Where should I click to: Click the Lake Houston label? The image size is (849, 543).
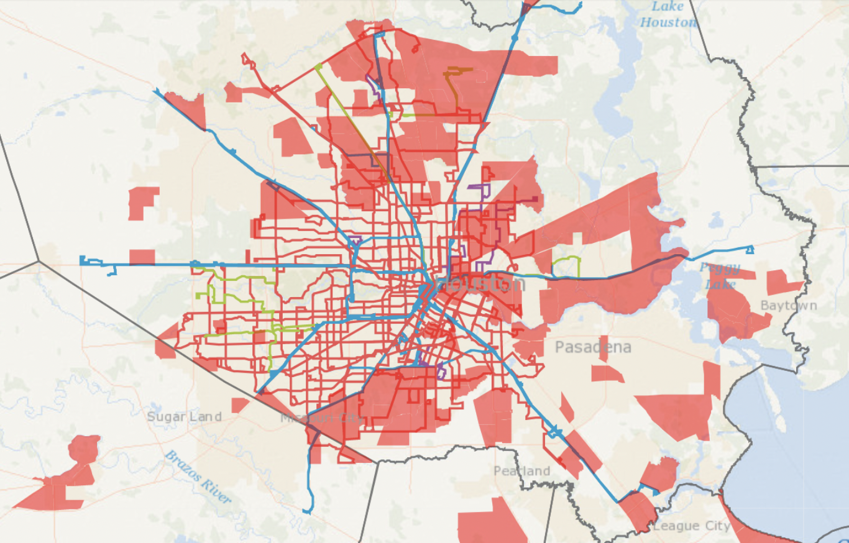click(668, 14)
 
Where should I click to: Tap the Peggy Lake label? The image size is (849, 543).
click(720, 276)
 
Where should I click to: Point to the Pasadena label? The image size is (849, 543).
click(593, 347)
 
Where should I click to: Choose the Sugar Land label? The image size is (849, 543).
click(184, 416)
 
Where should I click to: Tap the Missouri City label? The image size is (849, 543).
click(321, 418)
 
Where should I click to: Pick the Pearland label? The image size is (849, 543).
click(522, 471)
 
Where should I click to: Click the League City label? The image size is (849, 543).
click(692, 526)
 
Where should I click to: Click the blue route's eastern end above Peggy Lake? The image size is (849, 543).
click(750, 250)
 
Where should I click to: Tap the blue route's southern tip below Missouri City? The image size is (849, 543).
click(308, 511)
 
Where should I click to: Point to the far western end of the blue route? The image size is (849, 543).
click(82, 260)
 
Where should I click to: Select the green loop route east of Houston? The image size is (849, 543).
click(567, 266)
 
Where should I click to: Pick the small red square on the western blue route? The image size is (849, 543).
click(142, 257)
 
